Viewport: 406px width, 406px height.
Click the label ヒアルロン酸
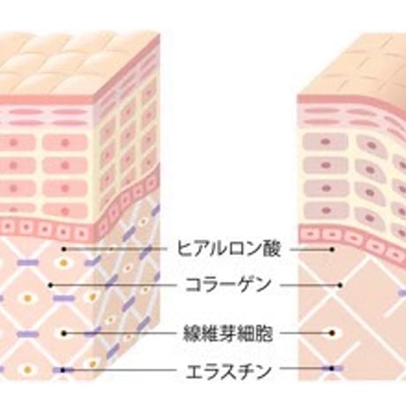click(229, 249)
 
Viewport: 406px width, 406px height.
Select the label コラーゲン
click(229, 285)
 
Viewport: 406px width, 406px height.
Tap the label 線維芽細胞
click(229, 334)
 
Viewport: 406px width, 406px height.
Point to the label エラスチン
click(229, 372)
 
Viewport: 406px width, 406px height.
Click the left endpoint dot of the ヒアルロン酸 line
click(64, 249)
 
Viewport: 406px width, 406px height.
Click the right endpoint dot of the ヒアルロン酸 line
click(332, 250)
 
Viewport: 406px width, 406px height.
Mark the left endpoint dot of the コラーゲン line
click(50, 285)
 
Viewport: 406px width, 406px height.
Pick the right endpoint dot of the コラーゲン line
click(340, 285)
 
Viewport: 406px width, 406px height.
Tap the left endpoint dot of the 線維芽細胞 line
click(64, 334)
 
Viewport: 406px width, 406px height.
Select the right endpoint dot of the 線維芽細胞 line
click(332, 333)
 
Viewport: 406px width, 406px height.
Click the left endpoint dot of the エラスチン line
click(63, 370)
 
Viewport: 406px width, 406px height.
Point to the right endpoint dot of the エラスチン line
click(332, 368)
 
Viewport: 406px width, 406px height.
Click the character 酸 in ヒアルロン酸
click(271, 249)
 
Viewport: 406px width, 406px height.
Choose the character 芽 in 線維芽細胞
click(229, 334)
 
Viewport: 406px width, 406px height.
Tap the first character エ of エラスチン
click(194, 372)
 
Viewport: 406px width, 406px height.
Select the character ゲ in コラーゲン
click(245, 285)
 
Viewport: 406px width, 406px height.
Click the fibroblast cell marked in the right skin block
click(333, 333)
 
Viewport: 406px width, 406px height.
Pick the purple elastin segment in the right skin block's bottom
click(332, 368)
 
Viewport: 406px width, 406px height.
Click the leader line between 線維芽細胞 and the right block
click(306, 334)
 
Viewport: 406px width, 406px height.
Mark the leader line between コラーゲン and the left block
click(113, 285)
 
